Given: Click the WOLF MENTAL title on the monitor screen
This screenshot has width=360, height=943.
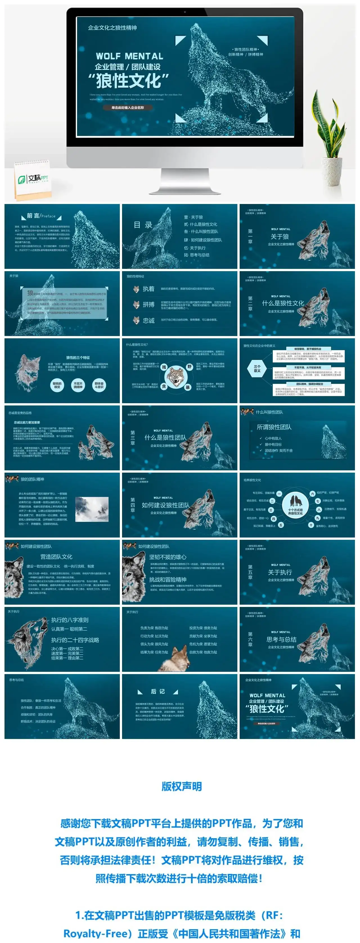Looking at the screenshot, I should (x=129, y=56).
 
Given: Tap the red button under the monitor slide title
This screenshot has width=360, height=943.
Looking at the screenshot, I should (x=127, y=108).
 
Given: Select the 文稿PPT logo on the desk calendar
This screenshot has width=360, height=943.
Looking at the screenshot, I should (x=33, y=179).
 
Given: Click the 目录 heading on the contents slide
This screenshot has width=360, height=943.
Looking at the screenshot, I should (x=143, y=225).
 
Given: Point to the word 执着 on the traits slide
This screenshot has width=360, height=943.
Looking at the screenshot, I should (x=148, y=289).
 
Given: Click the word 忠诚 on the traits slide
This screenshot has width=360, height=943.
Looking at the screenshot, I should (x=148, y=320).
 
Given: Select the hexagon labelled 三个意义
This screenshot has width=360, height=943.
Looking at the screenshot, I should (x=257, y=368).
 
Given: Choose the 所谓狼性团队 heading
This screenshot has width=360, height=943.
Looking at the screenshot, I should (x=274, y=427).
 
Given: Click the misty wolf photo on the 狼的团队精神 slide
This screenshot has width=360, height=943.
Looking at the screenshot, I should (x=92, y=509).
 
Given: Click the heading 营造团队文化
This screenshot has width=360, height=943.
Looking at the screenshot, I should (x=57, y=557).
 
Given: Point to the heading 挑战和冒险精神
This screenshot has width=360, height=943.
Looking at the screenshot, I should (x=168, y=579).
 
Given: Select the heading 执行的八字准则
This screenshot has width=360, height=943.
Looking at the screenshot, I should (x=69, y=620).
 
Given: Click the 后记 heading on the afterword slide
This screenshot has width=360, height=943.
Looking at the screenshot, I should (x=158, y=691).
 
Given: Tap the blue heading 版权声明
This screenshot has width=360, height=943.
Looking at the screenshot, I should (x=182, y=786).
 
